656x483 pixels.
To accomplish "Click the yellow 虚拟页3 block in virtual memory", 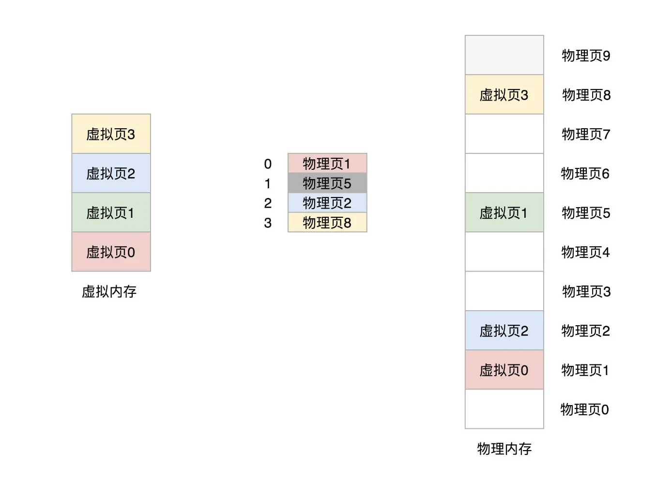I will click(111, 134).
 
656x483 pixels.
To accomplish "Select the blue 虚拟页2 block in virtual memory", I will click(111, 173).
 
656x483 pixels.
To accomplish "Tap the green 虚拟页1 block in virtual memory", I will click(111, 212).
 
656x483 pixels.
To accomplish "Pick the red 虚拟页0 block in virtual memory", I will click(111, 252).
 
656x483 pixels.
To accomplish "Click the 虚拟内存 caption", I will click(109, 291).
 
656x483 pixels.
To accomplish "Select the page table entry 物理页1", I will click(327, 164).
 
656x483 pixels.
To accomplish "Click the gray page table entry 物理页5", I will click(327, 183).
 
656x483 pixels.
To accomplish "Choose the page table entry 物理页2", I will click(327, 203).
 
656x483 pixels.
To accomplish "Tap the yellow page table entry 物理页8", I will click(327, 223).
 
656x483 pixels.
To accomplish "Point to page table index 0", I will click(268, 164).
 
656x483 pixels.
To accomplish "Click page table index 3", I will click(268, 223).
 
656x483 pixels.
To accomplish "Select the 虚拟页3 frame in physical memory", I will click(504, 95).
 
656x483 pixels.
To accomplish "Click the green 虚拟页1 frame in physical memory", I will click(504, 212).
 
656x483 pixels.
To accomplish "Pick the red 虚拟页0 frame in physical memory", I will click(504, 370).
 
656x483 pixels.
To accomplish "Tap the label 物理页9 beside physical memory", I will click(586, 56).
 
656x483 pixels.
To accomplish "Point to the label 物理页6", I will click(585, 173).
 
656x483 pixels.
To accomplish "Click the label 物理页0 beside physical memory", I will click(584, 409).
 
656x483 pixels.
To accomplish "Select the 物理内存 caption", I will click(504, 449).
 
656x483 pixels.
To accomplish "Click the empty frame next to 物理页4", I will click(504, 252).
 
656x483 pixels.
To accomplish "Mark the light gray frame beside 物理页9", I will click(504, 55).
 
